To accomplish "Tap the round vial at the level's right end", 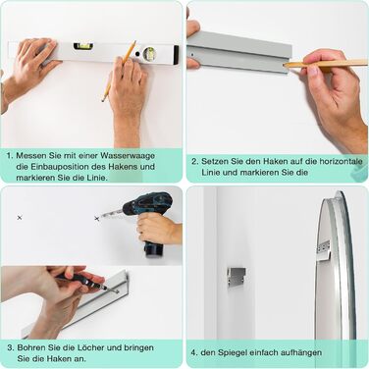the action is [149, 53].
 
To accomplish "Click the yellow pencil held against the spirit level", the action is [119, 71].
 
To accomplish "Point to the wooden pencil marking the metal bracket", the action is [326, 64].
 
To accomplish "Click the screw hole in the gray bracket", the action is [191, 55].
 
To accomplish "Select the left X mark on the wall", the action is [20, 217].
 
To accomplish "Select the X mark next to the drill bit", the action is [96, 218].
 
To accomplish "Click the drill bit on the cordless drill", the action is [111, 214].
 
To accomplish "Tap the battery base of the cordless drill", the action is [154, 249].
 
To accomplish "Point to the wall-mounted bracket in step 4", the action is [237, 276].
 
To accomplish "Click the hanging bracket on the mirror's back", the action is [324, 250].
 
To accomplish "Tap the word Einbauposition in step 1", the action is [61, 167].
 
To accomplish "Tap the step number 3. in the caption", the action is [10, 347].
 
